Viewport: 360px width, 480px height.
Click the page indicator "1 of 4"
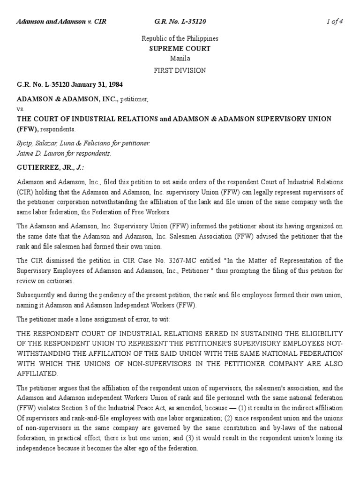pyautogui.click(x=335, y=22)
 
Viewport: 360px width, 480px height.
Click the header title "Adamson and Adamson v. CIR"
pyautogui.click(x=61, y=22)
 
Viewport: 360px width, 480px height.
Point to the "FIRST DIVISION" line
pyautogui.click(x=180, y=70)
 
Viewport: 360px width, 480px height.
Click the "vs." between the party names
pyautogui.click(x=20, y=109)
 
